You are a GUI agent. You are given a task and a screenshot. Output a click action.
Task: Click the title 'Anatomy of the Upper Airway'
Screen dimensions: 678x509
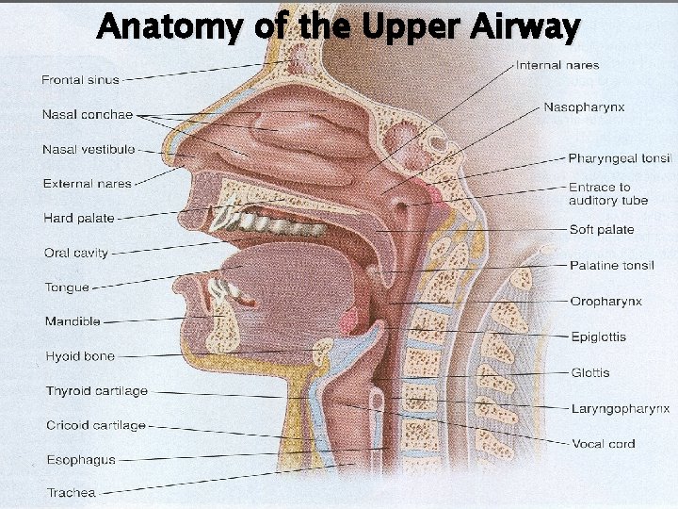[338, 27]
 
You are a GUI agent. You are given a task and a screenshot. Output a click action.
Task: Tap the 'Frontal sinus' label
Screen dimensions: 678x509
[80, 80]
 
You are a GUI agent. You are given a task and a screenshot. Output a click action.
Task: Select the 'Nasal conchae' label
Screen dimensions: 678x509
[88, 115]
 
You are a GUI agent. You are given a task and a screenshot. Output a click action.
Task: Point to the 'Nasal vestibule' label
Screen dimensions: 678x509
[89, 149]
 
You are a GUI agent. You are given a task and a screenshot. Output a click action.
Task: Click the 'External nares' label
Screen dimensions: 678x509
[88, 183]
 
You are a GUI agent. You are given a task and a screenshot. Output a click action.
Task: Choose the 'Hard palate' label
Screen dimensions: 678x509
[79, 218]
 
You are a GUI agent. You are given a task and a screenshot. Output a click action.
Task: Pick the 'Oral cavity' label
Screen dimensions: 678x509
[76, 253]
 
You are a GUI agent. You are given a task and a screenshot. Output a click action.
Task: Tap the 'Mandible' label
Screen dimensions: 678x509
[73, 321]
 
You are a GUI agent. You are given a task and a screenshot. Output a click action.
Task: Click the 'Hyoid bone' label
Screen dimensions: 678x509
[80, 356]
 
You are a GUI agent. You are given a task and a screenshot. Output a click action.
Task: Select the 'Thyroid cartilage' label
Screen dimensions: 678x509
[97, 391]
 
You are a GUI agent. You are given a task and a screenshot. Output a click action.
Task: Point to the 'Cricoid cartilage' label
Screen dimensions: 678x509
[96, 425]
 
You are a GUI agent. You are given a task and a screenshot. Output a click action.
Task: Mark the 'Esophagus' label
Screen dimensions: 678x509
[81, 460]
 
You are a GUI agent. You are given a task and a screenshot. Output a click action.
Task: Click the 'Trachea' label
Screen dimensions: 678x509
[72, 492]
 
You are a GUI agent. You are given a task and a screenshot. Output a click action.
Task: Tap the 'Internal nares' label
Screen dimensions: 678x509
[557, 65]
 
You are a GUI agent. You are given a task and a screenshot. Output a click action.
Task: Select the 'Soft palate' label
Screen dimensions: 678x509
[602, 229]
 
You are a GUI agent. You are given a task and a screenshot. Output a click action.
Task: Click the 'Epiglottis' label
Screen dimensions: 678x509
[598, 337]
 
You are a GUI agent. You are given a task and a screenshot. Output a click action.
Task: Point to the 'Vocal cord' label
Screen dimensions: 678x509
[604, 443]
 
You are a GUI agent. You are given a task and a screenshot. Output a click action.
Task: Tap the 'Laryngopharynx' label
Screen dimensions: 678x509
[621, 408]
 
